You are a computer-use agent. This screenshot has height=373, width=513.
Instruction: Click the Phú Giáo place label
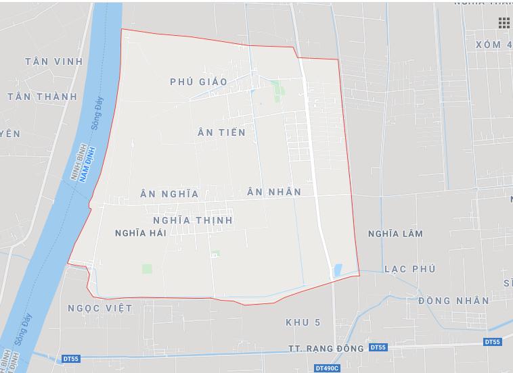point(198,82)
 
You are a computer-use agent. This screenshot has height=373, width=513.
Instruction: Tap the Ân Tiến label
point(221,132)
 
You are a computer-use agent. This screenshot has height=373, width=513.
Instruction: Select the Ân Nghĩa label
point(169,194)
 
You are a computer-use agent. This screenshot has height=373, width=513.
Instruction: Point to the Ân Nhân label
point(274,192)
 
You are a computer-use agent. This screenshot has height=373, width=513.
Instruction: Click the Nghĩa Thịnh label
point(193,220)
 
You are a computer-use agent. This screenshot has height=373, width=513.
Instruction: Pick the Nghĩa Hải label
point(141,232)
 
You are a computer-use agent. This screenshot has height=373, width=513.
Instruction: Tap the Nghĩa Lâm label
point(395,234)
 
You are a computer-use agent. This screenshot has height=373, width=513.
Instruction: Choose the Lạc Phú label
point(409,269)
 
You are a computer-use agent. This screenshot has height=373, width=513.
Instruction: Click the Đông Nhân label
point(453,301)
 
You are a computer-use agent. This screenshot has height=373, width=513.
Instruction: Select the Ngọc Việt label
point(100,308)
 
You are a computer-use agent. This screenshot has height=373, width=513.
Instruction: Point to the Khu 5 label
point(303,322)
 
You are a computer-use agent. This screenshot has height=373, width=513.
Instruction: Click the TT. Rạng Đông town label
point(326,349)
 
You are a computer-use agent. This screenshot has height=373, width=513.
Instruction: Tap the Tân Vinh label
point(53,61)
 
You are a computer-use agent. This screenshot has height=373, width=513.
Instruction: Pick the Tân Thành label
point(42,97)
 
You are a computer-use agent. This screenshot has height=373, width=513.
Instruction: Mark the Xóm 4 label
point(493,45)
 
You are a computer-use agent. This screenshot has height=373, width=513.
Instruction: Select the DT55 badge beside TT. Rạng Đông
point(378,347)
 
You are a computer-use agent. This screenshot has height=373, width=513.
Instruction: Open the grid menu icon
point(504,24)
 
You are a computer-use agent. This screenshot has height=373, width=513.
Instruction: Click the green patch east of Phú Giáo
point(277,89)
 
